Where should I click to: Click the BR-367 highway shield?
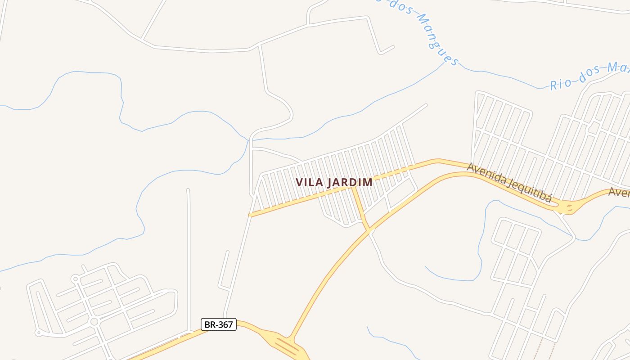click(x=218, y=324)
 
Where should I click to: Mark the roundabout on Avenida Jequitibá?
click(x=569, y=207)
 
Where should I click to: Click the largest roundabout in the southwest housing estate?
click(x=94, y=322)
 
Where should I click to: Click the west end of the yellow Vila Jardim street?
click(x=250, y=215)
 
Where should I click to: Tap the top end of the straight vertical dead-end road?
click(x=188, y=190)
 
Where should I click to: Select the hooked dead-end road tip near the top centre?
click(x=393, y=46)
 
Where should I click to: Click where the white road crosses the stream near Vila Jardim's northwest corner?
click(x=249, y=140)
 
